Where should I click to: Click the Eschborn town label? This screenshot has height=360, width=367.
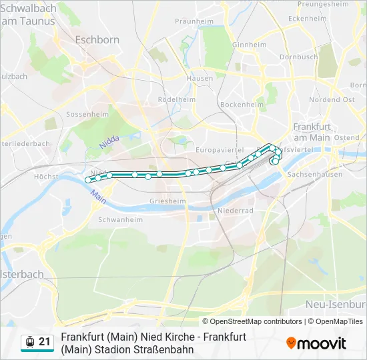click(97, 40)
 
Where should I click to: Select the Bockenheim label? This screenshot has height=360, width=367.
click(242, 105)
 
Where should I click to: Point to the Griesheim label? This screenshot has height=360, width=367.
click(167, 200)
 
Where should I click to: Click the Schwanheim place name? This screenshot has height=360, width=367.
click(120, 219)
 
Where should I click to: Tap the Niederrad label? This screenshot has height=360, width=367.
click(235, 211)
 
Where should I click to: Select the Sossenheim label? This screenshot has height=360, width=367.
click(87, 115)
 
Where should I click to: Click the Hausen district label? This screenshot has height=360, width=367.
click(200, 78)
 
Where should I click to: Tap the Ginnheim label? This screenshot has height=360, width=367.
click(250, 45)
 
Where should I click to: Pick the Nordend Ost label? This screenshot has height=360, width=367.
click(332, 99)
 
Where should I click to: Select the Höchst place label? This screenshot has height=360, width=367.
click(46, 177)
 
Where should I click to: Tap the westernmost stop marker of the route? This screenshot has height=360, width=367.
click(88, 179)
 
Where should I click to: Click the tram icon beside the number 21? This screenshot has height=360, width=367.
click(29, 343)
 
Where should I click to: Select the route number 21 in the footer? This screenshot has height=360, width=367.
click(45, 342)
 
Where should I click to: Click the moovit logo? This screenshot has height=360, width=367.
click(316, 343)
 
